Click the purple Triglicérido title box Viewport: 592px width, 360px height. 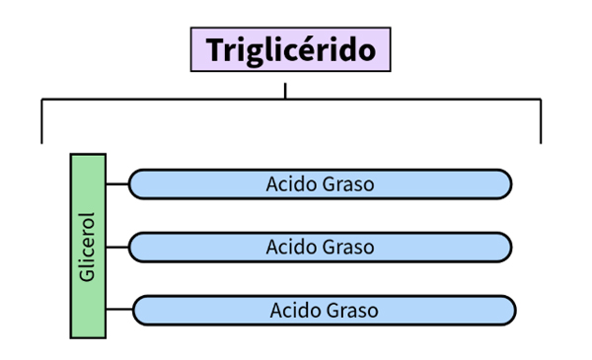tap(291, 49)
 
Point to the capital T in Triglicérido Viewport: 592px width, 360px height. tap(217, 49)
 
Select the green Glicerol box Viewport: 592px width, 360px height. tap(88, 246)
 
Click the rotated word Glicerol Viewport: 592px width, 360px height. tap(87, 248)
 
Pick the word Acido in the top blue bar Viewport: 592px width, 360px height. tap(291, 184)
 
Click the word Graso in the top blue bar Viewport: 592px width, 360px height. tap(348, 184)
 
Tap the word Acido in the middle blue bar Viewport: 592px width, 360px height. tap(291, 248)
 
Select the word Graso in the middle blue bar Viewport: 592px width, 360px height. tap(348, 248)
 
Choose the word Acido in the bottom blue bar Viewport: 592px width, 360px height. tap(295, 311)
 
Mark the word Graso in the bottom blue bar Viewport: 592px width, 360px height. tap(352, 311)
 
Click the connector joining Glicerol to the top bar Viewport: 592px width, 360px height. tap(117, 184)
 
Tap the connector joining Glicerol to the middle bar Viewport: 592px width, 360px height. tap(117, 248)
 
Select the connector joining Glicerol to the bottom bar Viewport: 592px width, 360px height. tap(119, 309)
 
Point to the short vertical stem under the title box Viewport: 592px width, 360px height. tap(285, 91)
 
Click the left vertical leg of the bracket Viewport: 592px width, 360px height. tap(41, 121)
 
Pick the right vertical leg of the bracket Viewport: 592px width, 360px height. tap(541, 121)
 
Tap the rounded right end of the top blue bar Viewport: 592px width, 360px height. tap(505, 184)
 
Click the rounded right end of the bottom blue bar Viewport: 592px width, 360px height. tap(509, 310)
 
